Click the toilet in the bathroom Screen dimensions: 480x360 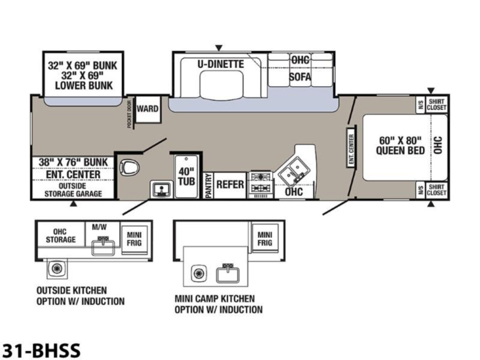coord(129,168)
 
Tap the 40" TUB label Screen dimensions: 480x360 coord(187,176)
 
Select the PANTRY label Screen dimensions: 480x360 coord(209,186)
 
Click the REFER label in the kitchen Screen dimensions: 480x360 coord(230,185)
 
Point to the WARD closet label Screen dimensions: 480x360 coord(148,109)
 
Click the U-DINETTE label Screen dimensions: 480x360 coord(221,64)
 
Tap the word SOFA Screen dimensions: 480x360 coord(300,76)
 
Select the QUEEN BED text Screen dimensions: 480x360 coord(400,150)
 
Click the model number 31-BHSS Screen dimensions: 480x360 coord(41,350)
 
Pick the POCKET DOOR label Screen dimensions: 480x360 coord(129,114)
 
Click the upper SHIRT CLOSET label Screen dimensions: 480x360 coord(436,105)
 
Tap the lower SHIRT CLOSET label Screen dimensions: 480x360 coord(436,190)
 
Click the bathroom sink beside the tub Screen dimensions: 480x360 coord(161,189)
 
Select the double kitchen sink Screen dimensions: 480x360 coord(293,172)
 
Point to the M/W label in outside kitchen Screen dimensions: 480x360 coord(99,227)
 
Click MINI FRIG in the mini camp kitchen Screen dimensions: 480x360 coord(265,239)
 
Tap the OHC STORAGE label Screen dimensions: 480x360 coord(60,236)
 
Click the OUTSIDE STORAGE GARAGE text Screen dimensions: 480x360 coord(73,190)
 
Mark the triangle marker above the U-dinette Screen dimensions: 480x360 coord(218,48)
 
